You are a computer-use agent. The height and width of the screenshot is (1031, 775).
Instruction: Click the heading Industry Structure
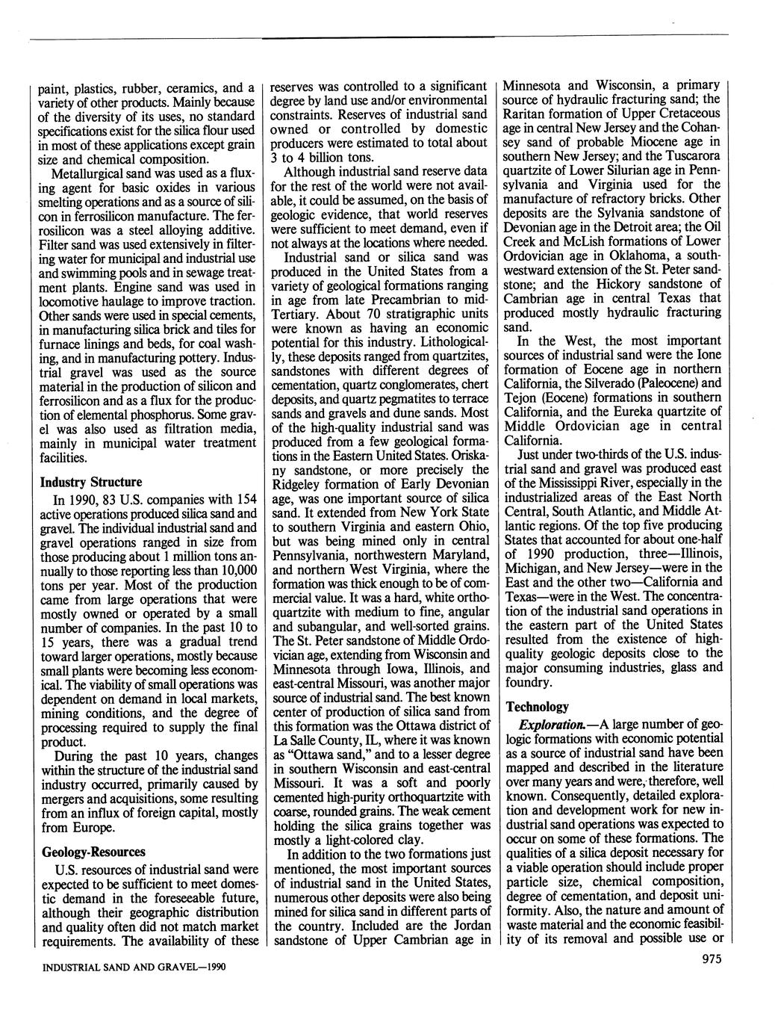coord(90,482)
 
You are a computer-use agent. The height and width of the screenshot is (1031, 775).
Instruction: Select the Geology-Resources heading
coord(93,852)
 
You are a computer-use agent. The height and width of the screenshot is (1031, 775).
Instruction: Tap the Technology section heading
coord(537,706)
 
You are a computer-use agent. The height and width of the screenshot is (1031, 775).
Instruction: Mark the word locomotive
coord(72,301)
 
